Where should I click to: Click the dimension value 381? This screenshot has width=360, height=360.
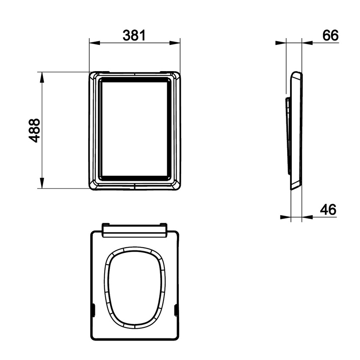point(134,36)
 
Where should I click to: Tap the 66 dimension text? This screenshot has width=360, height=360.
point(330,36)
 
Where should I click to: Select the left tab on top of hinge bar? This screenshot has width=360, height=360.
point(106,223)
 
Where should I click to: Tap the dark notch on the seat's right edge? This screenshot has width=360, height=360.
point(176,311)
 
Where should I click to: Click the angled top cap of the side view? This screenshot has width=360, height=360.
point(296,76)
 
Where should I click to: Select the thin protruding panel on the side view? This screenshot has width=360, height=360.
point(288,136)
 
